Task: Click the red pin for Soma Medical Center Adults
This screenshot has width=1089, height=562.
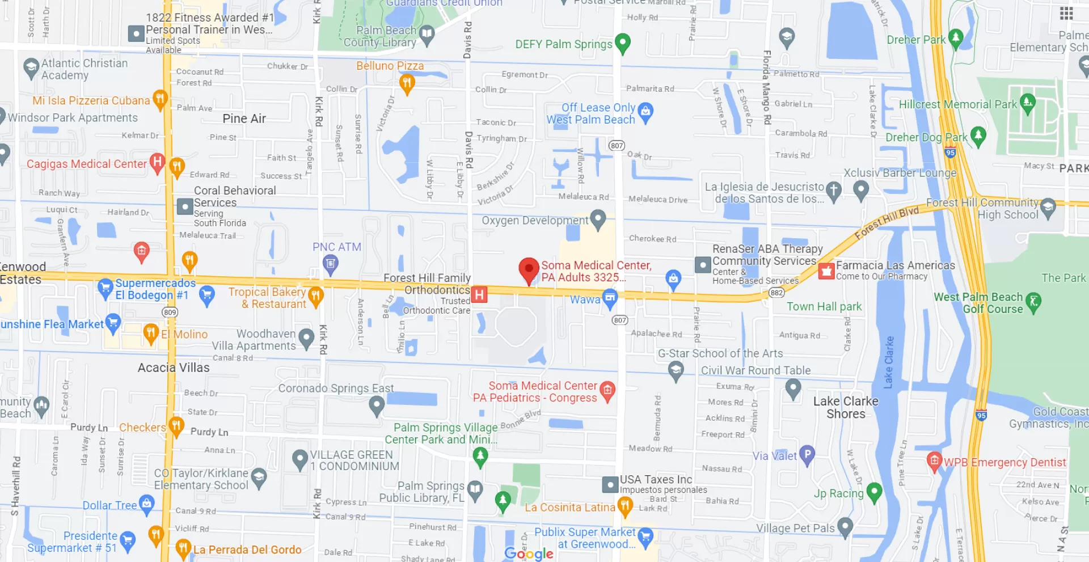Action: coord(529,270)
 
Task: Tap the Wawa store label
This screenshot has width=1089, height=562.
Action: coord(585,299)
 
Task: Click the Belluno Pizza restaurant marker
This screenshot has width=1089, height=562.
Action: coord(407,83)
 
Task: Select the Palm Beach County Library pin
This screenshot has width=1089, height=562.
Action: coord(427,35)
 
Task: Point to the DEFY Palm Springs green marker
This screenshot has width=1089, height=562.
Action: coord(622,43)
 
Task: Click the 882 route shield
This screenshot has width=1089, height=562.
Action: coord(776,293)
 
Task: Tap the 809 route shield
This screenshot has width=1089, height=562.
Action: coord(170,312)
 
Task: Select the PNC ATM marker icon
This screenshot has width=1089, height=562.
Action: coord(330,263)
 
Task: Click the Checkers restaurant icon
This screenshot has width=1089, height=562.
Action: coord(176,426)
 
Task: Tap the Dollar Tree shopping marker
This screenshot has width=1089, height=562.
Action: coord(146,504)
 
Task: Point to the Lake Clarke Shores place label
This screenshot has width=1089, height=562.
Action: coord(846,407)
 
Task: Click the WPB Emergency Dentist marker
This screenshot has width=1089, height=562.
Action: coord(934,461)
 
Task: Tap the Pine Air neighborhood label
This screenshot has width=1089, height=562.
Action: coord(244,119)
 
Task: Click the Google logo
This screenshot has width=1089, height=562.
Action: coord(529,553)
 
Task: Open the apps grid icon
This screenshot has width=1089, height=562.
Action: coord(1066,13)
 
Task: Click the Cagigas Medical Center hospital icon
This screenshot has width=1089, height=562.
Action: coord(157,163)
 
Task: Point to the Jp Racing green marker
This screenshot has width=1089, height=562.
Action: coord(874,492)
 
